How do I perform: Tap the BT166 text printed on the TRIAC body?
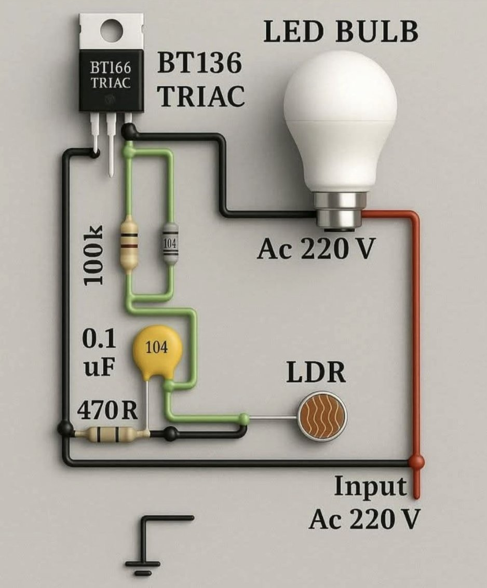pos(111,68)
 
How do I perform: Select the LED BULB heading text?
pos(341,32)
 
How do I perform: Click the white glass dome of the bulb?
pos(340,114)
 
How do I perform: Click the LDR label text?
pos(316,373)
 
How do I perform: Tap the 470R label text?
pos(107,412)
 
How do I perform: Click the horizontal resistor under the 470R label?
pos(111,433)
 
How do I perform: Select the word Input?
pos(370,487)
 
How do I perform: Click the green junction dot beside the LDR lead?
pos(243,417)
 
